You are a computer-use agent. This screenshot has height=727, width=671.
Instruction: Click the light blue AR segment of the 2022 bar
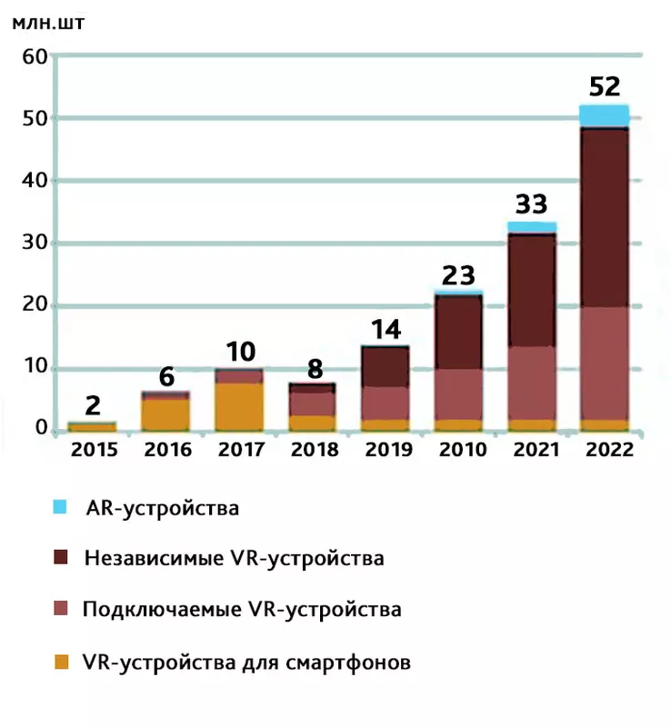tap(604, 115)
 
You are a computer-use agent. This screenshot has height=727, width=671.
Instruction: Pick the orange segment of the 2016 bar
tap(165, 413)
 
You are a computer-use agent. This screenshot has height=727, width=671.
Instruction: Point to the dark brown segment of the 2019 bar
tap(386, 366)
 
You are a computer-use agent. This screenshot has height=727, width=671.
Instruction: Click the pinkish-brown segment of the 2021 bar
tap(532, 383)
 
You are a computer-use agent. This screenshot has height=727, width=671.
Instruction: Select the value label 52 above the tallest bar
tap(605, 86)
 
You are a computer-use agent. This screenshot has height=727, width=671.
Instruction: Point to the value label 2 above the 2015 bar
tap(94, 404)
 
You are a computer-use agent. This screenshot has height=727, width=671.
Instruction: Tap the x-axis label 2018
tap(314, 450)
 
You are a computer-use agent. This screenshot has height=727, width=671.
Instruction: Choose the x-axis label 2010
tap(459, 450)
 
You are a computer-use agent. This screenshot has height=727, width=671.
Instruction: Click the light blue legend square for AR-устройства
tap(61, 507)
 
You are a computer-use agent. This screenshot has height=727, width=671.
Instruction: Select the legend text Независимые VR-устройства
tap(234, 558)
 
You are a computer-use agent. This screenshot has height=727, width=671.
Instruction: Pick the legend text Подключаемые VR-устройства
tap(241, 609)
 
